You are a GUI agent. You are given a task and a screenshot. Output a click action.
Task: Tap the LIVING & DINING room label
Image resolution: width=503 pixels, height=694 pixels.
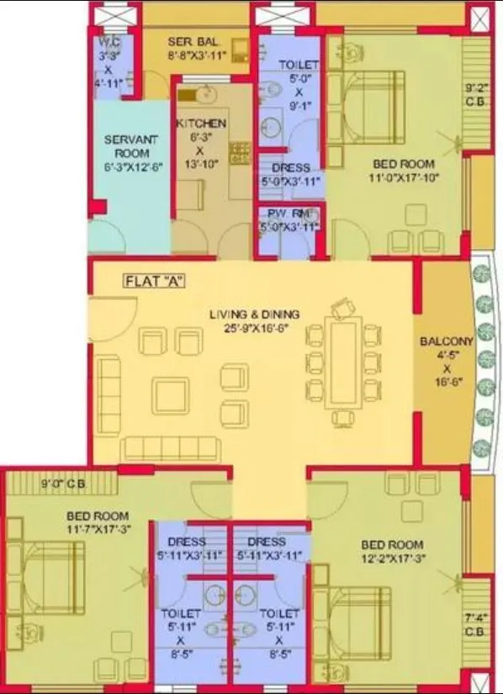click(254, 315)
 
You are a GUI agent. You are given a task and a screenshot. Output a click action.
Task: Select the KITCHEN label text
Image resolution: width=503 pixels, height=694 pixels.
click(200, 124)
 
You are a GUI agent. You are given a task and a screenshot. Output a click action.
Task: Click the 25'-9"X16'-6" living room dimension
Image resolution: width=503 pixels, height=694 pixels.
click(255, 328)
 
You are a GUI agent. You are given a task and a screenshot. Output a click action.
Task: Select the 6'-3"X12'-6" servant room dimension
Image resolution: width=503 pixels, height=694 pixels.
click(126, 167)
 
